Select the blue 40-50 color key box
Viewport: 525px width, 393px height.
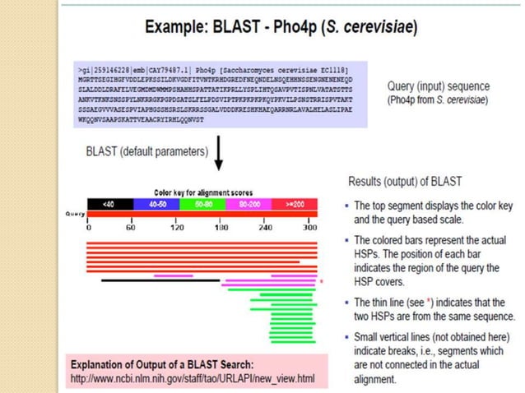[x=156, y=203]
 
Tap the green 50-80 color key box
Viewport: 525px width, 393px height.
[x=202, y=203]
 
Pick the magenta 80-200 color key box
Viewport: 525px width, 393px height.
[x=248, y=203]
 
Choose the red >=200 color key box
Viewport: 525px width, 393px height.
[x=294, y=203]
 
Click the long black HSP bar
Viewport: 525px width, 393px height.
[x=160, y=280]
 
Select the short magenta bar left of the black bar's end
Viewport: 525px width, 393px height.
[x=173, y=275]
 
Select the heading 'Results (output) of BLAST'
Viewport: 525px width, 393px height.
[x=405, y=180]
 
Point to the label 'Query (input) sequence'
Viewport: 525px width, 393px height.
[x=437, y=86]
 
